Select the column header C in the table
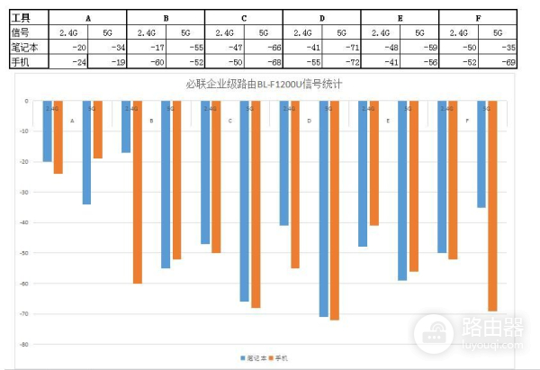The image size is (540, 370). [244, 18]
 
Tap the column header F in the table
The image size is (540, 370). [477, 18]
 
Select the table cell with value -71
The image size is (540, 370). [346, 47]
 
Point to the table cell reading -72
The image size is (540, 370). [346, 61]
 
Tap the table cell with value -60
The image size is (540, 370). [153, 61]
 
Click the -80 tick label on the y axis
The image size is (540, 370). [27, 344]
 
